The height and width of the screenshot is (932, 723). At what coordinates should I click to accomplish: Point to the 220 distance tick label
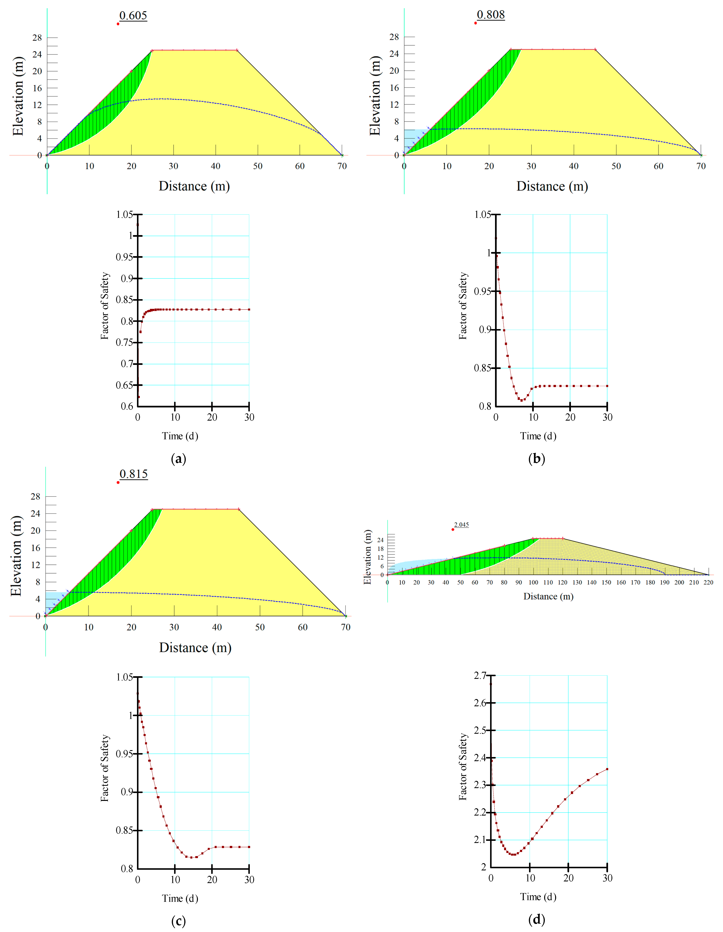pos(708,583)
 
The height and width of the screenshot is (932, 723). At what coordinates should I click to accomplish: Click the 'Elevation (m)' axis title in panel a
pos(18,96)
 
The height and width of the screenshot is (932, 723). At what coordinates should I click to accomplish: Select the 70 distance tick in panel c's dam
pos(346,627)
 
